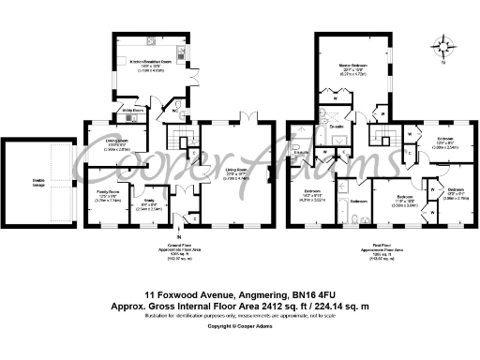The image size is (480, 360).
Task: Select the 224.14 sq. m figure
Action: [335, 278]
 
